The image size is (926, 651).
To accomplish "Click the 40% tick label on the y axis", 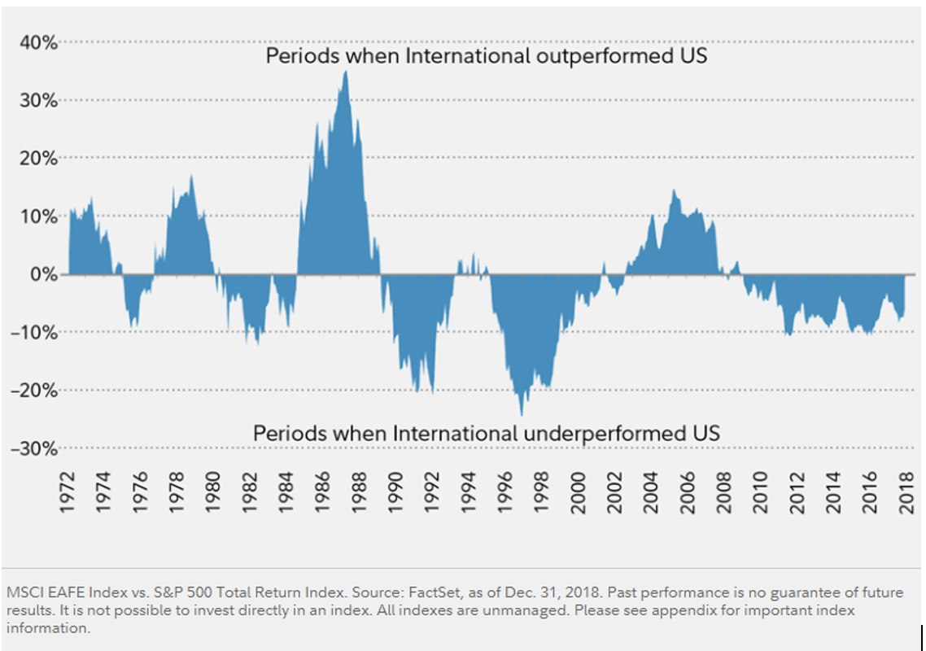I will [38, 42].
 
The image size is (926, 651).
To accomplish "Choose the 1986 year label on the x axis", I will [323, 491].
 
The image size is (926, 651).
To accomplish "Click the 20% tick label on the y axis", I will [38, 158].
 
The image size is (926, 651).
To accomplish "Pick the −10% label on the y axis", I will [33, 333].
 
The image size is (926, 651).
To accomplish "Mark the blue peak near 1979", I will [191, 177].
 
